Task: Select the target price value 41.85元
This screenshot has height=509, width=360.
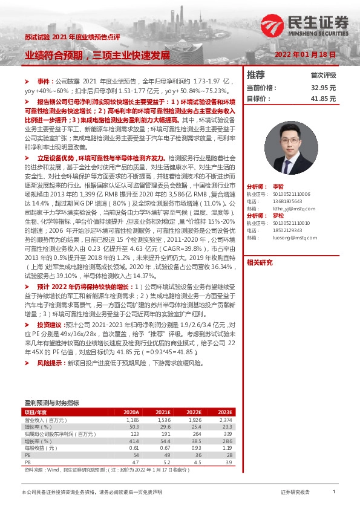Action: pyautogui.click(x=323, y=99)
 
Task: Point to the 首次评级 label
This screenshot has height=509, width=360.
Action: pyautogui.click(x=323, y=76)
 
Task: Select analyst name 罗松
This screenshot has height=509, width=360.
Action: pyautogui.click(x=278, y=216)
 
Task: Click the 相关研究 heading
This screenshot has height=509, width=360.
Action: pyautogui.click(x=260, y=263)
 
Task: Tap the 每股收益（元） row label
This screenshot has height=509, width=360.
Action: pyautogui.click(x=41, y=447)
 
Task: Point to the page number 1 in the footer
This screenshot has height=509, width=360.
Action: pyautogui.click(x=334, y=492)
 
